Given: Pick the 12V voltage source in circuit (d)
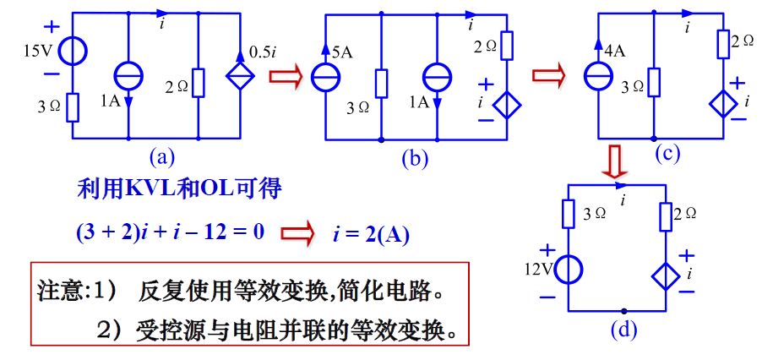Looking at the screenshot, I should click(569, 270).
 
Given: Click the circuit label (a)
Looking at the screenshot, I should click(161, 156).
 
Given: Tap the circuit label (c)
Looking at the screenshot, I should click(667, 153).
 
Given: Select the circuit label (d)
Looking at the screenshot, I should click(623, 329).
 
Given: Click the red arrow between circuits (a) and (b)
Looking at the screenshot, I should click(285, 77).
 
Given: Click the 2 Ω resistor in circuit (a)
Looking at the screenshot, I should click(198, 83).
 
